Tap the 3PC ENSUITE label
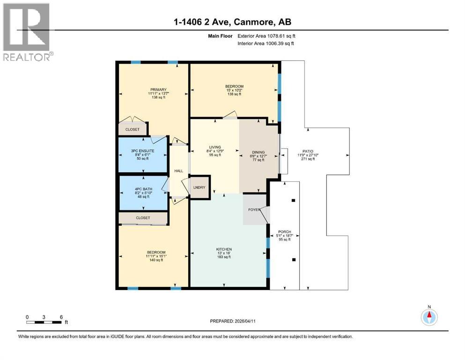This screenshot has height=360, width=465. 141,150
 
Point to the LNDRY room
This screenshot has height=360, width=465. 199,187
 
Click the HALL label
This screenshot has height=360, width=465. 178,171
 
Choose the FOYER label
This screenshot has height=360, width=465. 254,210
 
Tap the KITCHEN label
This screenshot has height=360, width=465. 224,249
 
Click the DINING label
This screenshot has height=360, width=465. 258,152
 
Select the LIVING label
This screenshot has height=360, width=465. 215,147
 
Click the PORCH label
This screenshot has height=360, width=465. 285,232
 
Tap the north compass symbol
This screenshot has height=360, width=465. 429,317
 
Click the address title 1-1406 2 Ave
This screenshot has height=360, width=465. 232,22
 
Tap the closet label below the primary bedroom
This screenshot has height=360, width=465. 133,129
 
